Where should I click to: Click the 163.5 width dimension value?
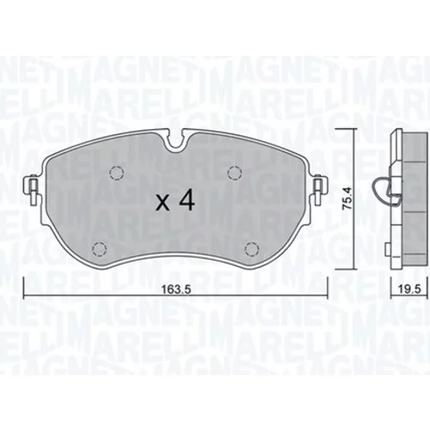coord(176,290)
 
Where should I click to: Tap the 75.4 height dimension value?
coord(347,199)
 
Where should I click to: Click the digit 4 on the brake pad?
coord(187,200)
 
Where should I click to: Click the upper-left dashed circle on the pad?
coord(117,173)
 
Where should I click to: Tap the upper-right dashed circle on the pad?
coord(235,173)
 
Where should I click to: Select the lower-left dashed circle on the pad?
coord(100,249)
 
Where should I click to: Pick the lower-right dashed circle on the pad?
coord(252,249)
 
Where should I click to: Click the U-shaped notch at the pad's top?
coord(175,144)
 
